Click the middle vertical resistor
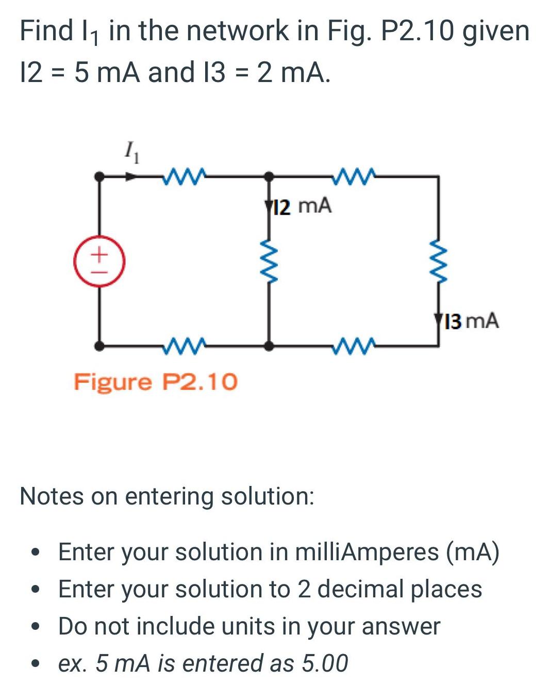pos(269,262)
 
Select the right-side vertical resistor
pos(438,262)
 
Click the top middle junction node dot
pos(269,176)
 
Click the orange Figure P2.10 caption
pos(156,382)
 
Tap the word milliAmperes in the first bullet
pos(367,552)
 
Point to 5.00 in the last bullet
pos(325,663)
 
